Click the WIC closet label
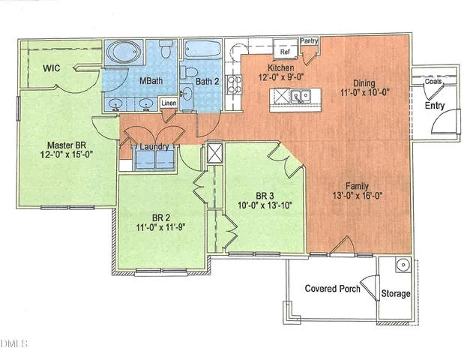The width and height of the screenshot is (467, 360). tap(52, 68)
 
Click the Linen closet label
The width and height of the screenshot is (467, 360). tap(169, 103)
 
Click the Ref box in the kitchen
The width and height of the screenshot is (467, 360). tap(285, 53)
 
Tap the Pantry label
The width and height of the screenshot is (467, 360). tap(309, 41)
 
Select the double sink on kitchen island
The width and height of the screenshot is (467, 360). tap(301, 96)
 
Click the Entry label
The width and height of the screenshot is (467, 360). tap(436, 106)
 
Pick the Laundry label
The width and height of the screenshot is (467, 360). tap(154, 147)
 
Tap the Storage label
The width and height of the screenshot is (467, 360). tap(396, 293)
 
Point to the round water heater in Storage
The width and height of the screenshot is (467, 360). tap(403, 265)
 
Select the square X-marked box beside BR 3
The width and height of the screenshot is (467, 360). tap(216, 153)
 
